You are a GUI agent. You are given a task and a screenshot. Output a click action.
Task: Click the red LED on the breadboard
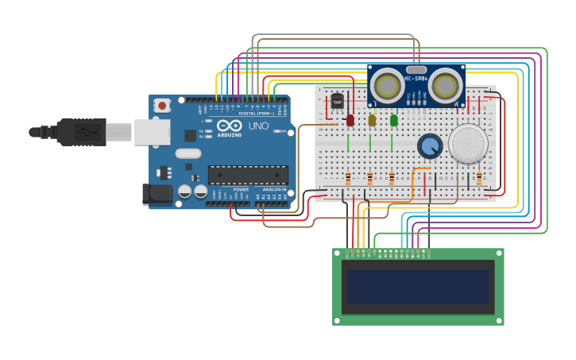click(x=350, y=120)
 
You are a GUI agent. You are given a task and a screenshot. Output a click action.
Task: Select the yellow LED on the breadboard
click(x=372, y=120)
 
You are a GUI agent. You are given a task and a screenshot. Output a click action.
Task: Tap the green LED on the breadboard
click(x=394, y=120)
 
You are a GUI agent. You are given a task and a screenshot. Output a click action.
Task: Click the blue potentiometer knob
click(x=430, y=146)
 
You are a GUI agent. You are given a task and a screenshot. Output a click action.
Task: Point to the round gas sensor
click(x=468, y=144)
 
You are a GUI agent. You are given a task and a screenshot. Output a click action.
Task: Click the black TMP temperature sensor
click(x=337, y=103)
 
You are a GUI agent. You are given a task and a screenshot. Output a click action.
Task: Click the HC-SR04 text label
click(x=417, y=79)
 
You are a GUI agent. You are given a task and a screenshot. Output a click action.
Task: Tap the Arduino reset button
click(x=162, y=105)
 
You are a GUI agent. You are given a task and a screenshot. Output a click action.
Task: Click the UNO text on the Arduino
click(x=259, y=126)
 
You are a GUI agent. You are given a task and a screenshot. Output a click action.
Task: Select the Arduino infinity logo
click(x=230, y=126)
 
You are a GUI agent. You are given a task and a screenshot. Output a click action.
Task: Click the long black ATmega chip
click(x=248, y=175)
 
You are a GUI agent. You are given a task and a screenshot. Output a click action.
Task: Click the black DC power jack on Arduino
click(x=157, y=194)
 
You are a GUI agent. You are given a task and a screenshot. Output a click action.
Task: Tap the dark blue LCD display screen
click(x=418, y=286)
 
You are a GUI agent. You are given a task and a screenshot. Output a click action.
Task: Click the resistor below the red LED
click(x=348, y=179)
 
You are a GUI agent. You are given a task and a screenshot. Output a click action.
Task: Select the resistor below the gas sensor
click(x=479, y=179)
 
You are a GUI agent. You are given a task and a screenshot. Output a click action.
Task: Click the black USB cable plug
click(x=79, y=131)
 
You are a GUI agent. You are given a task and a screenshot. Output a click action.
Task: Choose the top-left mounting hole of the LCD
click(x=337, y=254)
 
